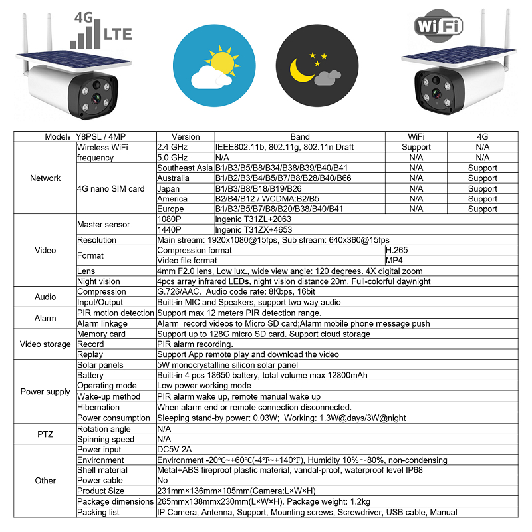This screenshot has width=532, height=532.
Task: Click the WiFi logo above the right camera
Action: pos(438,26)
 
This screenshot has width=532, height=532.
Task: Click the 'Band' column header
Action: pos(300,137)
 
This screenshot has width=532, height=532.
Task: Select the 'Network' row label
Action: pos(45,178)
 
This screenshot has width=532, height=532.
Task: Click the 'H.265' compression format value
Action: pos(397,250)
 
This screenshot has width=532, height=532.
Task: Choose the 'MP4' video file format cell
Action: pos(394,261)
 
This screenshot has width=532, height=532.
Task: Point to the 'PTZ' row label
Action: pos(45,434)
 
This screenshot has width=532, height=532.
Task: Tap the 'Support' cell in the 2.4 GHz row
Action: pos(416,147)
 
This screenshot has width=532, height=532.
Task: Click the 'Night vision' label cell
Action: pos(99,281)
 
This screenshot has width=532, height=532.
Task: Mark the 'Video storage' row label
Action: pos(45,344)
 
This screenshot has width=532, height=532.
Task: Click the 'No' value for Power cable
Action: pos(162,480)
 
